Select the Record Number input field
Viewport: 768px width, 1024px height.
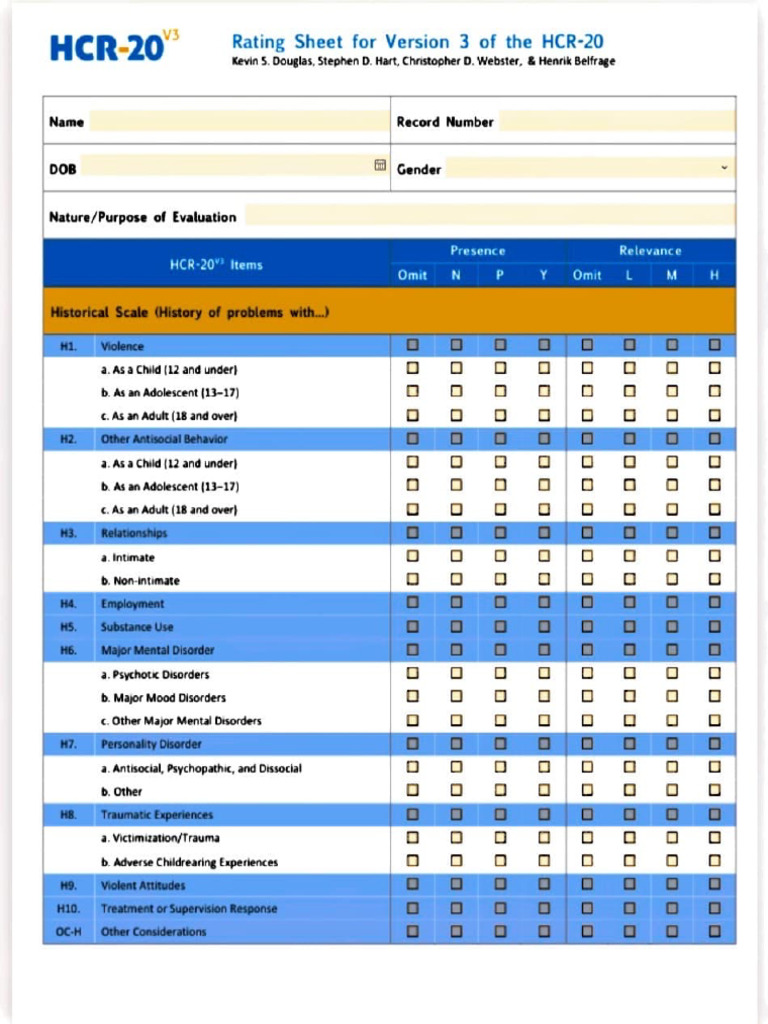coord(616,122)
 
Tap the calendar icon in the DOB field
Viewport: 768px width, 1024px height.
coord(380,166)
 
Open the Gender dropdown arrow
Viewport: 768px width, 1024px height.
coord(725,168)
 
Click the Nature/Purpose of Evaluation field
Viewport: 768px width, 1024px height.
coord(489,216)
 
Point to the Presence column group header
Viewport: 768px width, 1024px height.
coord(477,251)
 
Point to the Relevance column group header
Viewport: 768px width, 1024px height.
coord(650,251)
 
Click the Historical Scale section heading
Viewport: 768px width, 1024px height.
coord(190,312)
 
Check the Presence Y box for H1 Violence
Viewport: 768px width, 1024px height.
coord(543,346)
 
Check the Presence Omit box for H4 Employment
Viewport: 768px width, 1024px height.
coord(412,604)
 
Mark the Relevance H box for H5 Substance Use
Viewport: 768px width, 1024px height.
coord(714,627)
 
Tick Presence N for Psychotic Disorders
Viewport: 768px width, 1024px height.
coord(456,674)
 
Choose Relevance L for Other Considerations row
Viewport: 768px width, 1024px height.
coord(629,932)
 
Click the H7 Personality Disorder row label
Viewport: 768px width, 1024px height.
coord(151,744)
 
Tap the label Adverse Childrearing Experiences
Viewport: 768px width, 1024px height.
coord(189,862)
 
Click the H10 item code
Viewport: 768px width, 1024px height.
coord(67,909)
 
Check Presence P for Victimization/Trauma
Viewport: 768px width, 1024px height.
coord(499,838)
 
